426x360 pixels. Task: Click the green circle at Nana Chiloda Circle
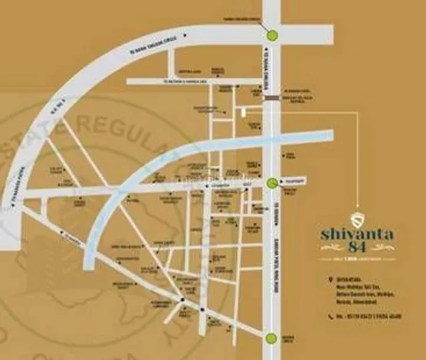pyautogui.click(x=272, y=34)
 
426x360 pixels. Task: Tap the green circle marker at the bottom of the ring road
pyautogui.click(x=272, y=339)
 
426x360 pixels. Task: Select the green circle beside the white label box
pyautogui.click(x=273, y=182)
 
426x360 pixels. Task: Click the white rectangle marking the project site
pyautogui.click(x=244, y=113)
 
